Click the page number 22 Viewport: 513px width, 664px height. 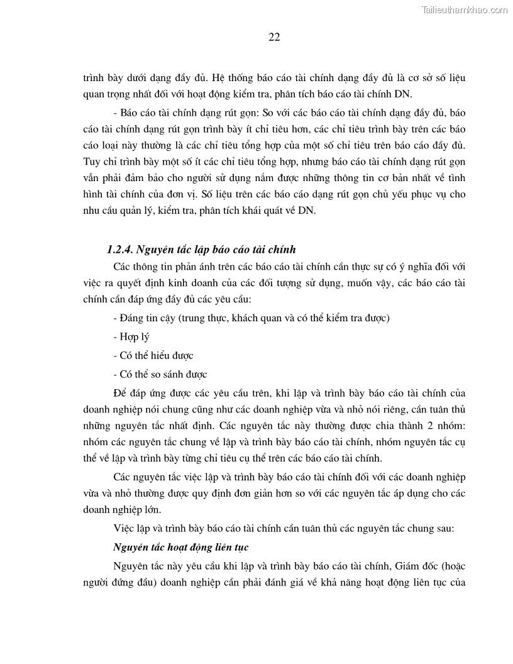pyautogui.click(x=274, y=37)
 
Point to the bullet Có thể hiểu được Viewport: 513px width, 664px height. pyautogui.click(x=153, y=356)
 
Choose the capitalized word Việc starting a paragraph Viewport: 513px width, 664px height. pyautogui.click(x=124, y=529)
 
